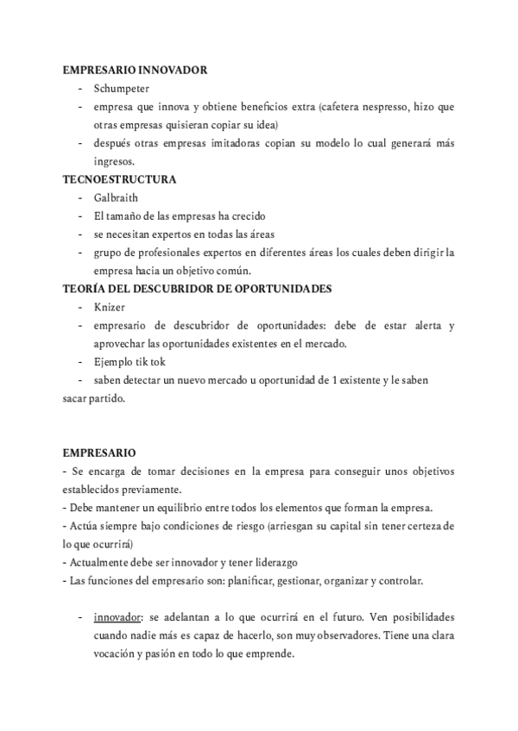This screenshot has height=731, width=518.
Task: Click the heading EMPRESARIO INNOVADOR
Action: click(x=134, y=70)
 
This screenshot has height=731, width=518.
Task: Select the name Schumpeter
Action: click(x=122, y=89)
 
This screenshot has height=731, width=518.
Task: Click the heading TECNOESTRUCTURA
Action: click(x=119, y=179)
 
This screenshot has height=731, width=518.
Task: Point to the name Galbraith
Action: click(x=116, y=197)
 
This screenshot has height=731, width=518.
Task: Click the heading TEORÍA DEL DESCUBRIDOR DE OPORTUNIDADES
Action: click(x=197, y=289)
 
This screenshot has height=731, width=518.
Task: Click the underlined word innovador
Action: click(x=118, y=617)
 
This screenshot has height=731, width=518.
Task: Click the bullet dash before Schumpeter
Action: click(x=79, y=89)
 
